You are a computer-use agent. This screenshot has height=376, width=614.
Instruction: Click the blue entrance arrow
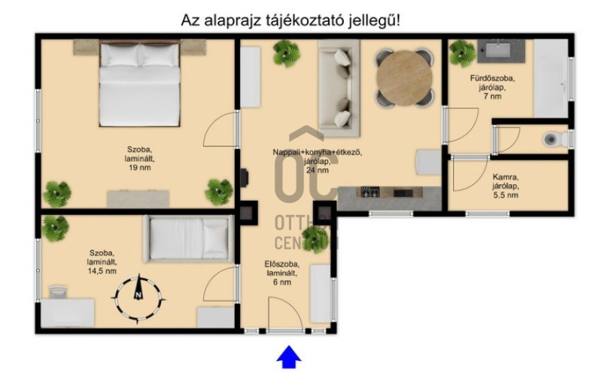pos(289,357)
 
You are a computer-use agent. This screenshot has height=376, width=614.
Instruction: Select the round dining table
pos(404,77)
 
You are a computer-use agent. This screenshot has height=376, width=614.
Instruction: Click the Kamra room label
pos(505,186)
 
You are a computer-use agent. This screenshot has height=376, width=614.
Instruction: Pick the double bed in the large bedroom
pos(140,83)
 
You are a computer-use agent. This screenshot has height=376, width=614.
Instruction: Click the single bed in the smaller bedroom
pos(189,237)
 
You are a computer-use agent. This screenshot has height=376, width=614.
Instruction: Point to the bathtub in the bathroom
pos(551,79)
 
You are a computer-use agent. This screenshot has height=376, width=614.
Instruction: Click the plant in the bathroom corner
pos(462,53)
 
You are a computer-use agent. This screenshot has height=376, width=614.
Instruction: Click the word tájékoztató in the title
pos(305,20)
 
